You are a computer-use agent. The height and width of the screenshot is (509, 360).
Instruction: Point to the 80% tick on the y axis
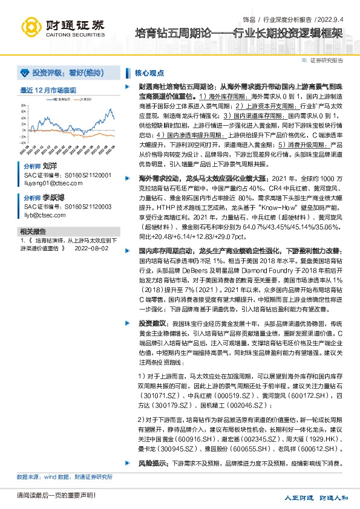[24, 103]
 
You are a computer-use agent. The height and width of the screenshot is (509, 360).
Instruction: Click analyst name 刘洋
[50, 165]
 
